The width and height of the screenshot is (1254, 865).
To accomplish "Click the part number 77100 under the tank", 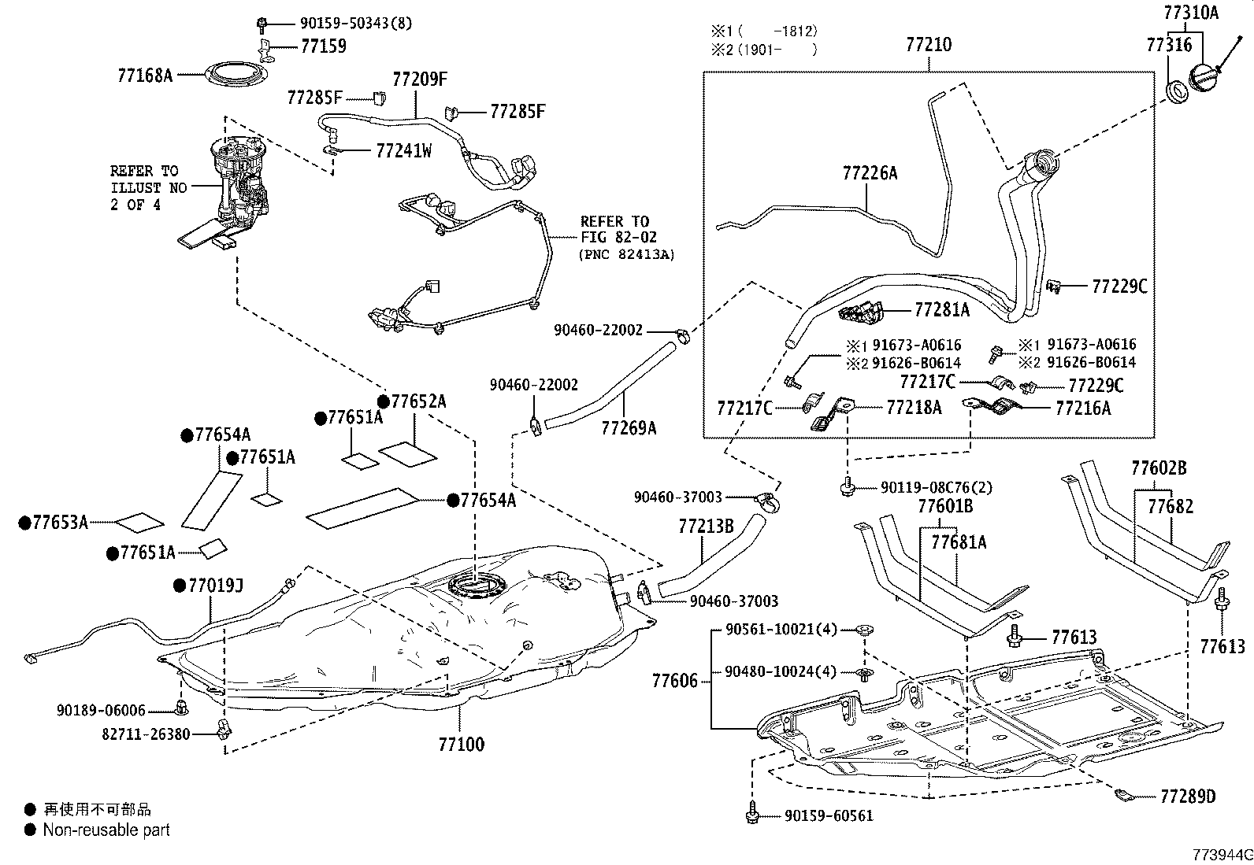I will coord(461,744).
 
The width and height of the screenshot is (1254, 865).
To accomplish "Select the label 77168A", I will coord(144,76).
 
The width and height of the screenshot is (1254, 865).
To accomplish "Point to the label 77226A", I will coord(870,173).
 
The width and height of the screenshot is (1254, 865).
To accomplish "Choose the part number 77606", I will coord(674,680).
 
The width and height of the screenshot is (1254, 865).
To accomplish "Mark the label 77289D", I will coord(1187,797).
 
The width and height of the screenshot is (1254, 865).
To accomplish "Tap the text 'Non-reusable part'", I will coord(106,830).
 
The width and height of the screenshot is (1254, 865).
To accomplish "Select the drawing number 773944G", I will coord(1221,855).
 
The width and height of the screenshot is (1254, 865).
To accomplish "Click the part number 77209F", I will coord(420,79).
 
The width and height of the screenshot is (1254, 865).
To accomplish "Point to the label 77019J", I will coord(215,585).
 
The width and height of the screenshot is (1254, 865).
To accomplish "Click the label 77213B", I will coord(706,526).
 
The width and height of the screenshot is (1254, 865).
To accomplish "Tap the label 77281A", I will coord(942,310).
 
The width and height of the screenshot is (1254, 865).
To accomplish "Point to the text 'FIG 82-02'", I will coord(618,237).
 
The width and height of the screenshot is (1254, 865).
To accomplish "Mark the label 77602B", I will coord(1158,468).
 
